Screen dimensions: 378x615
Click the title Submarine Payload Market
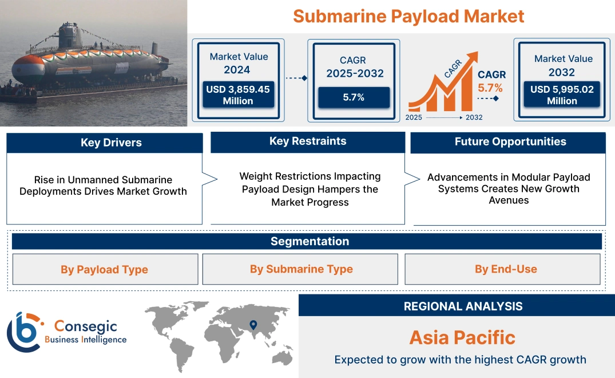[x=408, y=15]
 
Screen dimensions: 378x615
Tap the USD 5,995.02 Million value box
[x=562, y=95]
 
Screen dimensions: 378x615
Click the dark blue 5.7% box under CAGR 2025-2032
[x=354, y=97]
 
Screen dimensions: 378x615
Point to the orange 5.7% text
[x=490, y=88]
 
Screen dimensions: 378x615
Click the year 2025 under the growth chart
[x=415, y=117]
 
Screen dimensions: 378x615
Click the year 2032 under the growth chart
[x=474, y=117]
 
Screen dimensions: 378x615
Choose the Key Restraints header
[x=308, y=141]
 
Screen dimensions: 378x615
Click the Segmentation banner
[x=310, y=241]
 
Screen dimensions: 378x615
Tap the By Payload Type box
[x=105, y=269]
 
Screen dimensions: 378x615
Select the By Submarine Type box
[x=301, y=269]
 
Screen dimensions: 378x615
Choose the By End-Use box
[x=506, y=269]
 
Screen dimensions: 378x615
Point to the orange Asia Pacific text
[x=462, y=337]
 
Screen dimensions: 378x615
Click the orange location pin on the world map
[x=252, y=325]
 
